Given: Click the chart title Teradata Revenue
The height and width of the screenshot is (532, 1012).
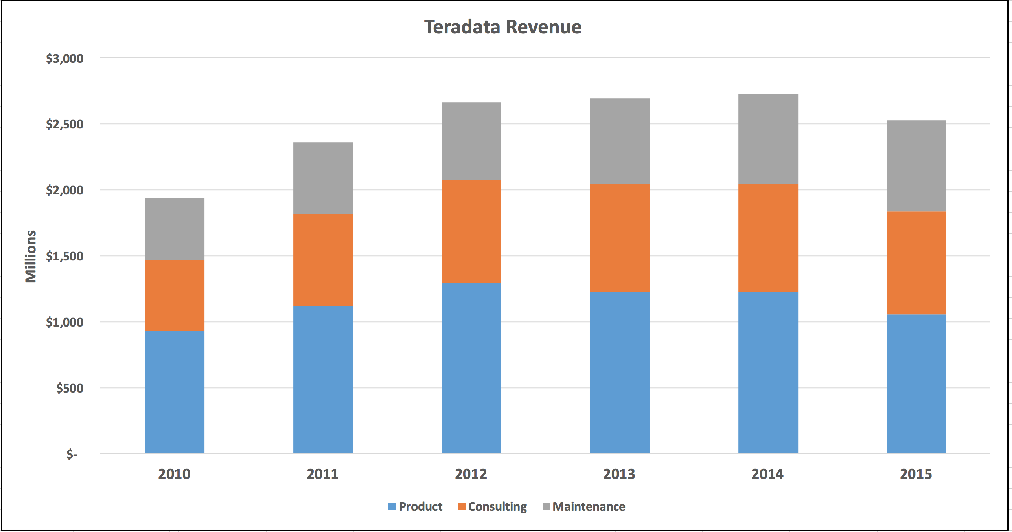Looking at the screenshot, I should point(502,27).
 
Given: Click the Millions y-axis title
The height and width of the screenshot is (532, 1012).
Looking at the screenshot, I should point(31,256).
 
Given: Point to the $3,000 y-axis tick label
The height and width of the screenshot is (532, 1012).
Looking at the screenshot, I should point(65,59).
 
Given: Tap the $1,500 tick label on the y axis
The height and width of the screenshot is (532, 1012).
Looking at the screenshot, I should point(65,256).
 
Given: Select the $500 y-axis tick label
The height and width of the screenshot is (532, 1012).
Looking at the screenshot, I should point(70,388).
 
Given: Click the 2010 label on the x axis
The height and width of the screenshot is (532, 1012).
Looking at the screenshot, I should point(174,474).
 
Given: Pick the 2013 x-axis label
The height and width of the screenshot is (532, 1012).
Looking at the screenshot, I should point(619,474).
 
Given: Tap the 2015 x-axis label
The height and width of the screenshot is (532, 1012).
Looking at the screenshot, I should point(916,474).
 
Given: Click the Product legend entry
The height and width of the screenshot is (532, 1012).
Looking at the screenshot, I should point(416,506).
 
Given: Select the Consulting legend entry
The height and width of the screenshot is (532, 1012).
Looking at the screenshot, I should point(492,506).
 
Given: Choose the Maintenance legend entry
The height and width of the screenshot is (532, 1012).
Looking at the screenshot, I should point(584,506).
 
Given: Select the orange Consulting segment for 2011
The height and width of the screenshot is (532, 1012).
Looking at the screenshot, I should point(323,260).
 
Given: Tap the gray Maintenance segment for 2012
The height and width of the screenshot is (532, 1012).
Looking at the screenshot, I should point(471,141).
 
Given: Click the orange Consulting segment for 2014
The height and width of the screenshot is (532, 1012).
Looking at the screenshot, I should point(768,238).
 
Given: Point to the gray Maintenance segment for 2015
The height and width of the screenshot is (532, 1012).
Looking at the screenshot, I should point(916,166).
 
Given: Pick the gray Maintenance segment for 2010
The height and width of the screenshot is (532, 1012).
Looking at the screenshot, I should point(174,229).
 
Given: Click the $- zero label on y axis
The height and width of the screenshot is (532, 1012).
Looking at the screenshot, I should point(72,454).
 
